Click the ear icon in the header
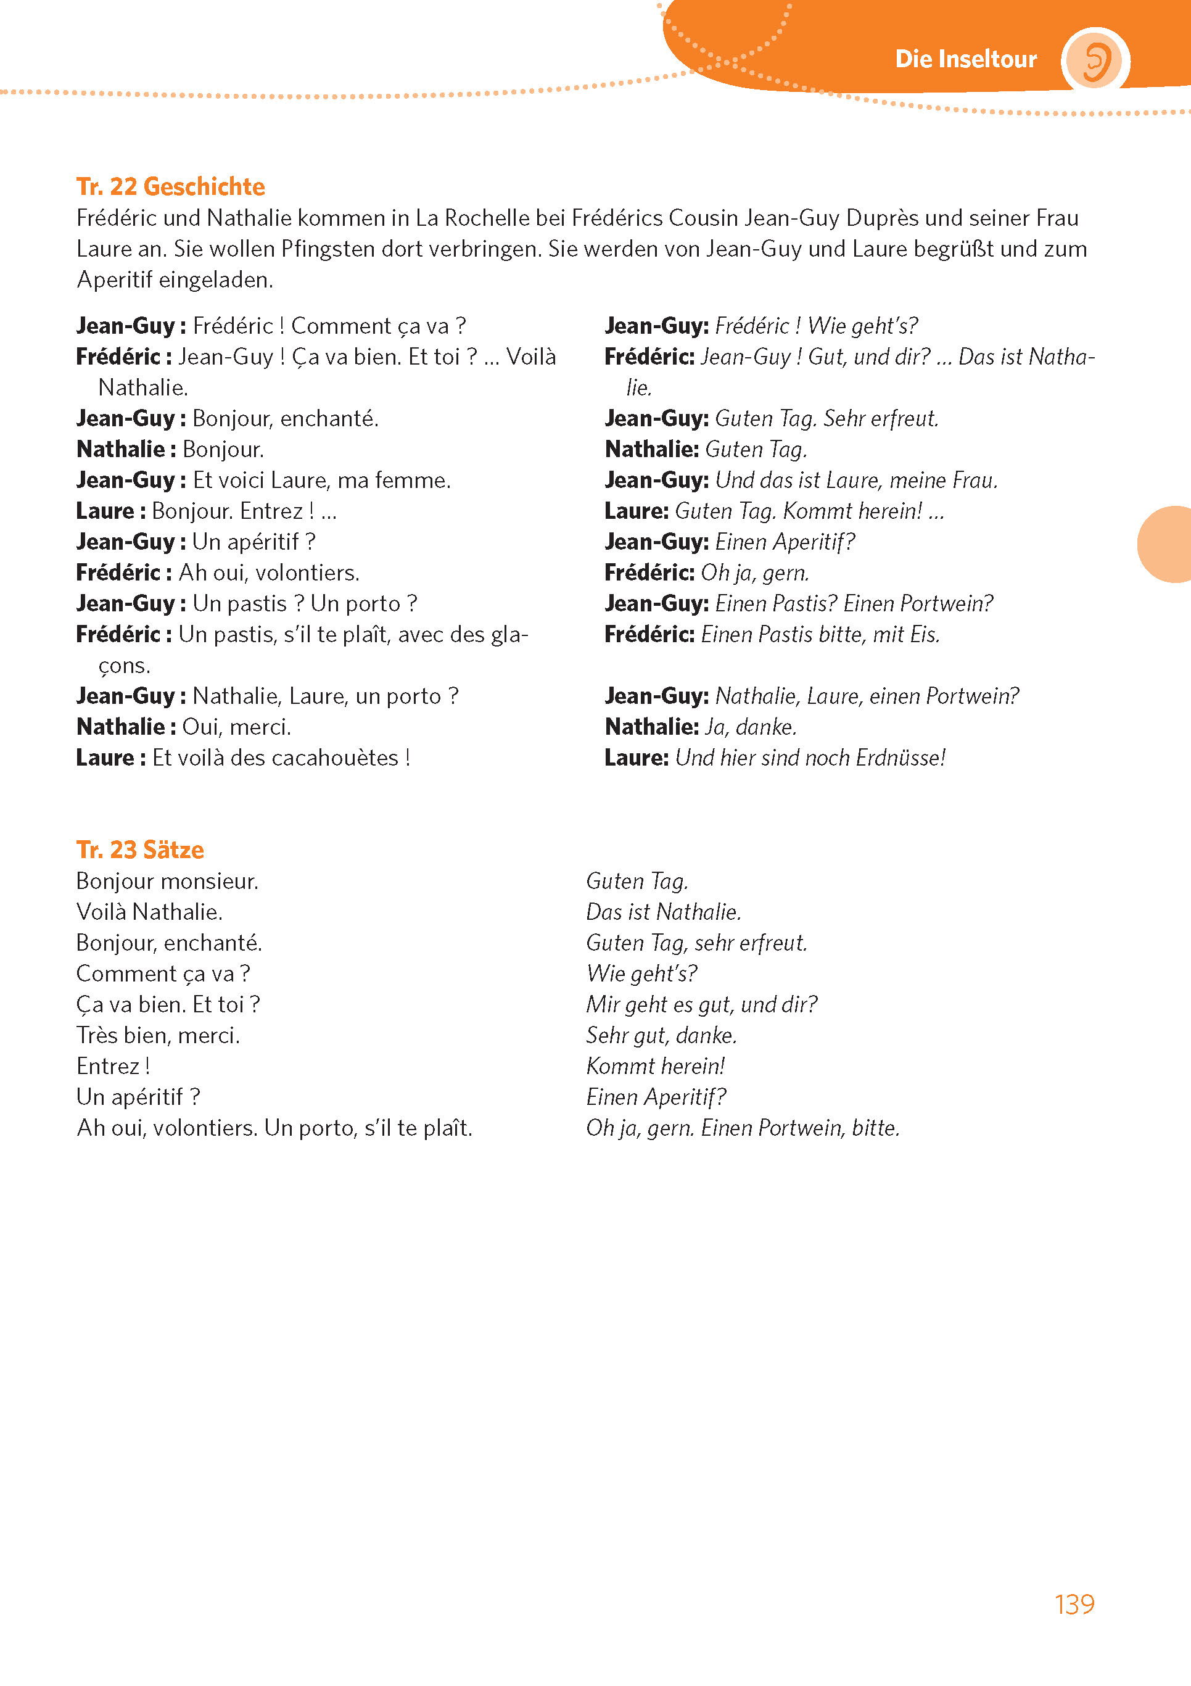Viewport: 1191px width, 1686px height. pos(1094,60)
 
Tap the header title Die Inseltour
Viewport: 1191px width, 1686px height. pos(966,59)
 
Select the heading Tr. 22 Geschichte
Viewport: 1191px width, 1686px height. pos(170,186)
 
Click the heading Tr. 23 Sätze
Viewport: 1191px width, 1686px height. pos(140,849)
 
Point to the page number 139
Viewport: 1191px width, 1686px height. pos(1074,1605)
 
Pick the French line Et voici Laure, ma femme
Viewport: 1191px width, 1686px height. pos(321,479)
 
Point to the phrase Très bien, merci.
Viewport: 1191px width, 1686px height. pos(158,1035)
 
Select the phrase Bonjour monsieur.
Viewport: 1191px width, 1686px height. pos(167,880)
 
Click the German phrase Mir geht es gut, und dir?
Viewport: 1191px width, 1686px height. pos(701,1004)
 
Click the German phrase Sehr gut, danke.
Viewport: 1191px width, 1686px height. pos(661,1035)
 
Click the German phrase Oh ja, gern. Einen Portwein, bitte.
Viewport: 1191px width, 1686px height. pos(743,1127)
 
